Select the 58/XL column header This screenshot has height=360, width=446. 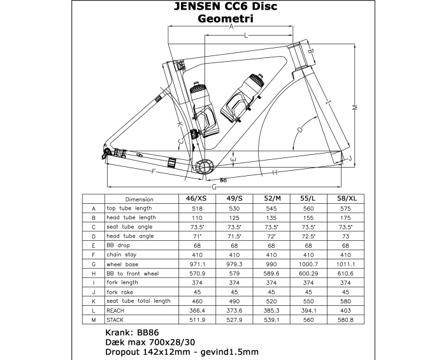pos(341,199)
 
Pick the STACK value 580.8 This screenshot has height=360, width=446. pos(341,319)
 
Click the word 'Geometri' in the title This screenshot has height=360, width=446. pos(226,19)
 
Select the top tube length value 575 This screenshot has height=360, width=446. pos(341,208)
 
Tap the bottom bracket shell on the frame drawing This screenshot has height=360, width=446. pos(203,167)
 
